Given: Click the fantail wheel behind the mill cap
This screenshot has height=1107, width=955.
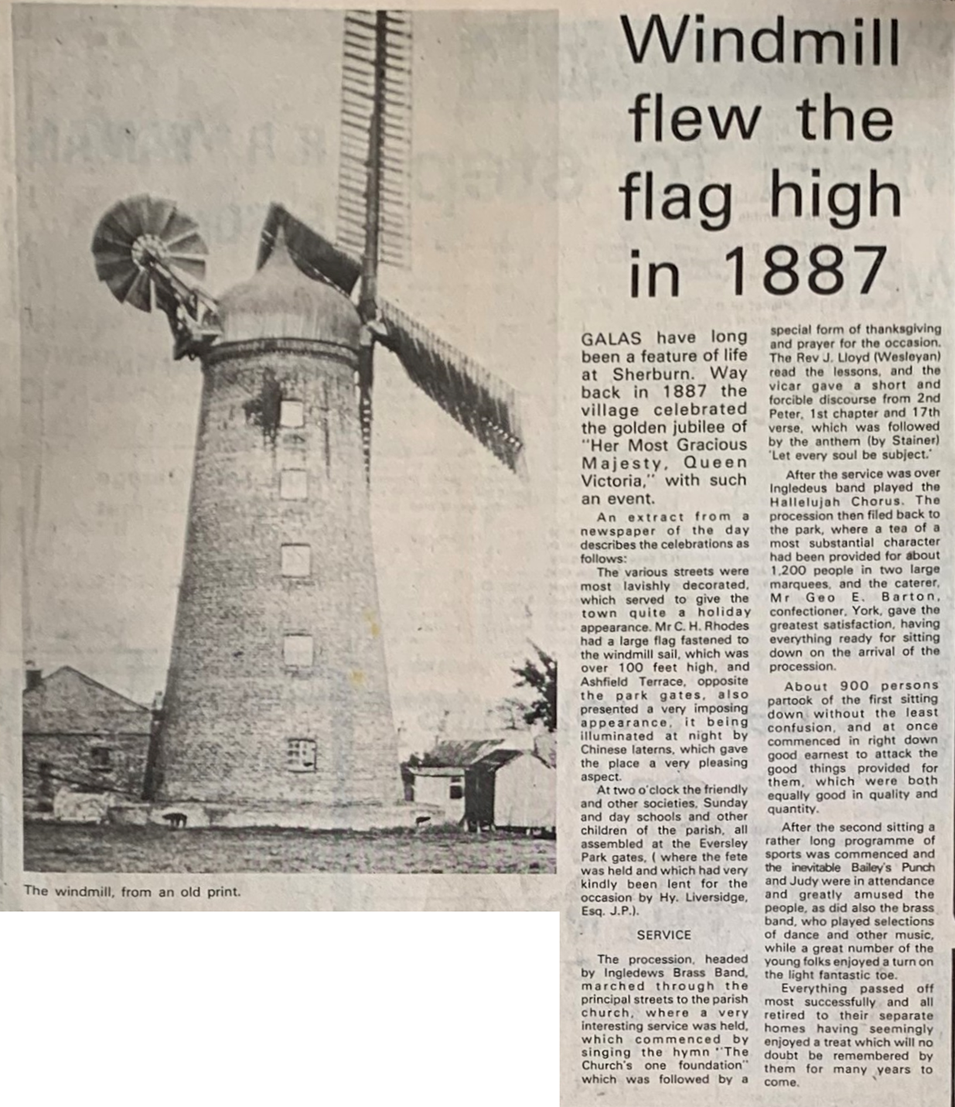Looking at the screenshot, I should click(x=149, y=252).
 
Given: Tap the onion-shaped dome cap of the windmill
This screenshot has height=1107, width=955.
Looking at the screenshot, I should click(x=288, y=298).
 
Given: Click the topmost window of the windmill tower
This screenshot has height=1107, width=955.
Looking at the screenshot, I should click(x=292, y=414).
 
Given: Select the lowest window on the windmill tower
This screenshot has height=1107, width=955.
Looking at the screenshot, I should click(x=301, y=754).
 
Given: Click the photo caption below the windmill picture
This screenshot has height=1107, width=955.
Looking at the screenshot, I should click(x=132, y=891).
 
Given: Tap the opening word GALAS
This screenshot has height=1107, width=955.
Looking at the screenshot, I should click(x=615, y=338).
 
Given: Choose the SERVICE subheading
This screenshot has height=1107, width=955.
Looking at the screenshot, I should click(x=663, y=934).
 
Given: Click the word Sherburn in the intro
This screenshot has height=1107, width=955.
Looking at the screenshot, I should click(x=656, y=374).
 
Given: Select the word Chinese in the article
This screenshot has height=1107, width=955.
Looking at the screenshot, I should click(x=606, y=749).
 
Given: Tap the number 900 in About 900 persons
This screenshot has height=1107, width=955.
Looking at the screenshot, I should click(x=855, y=685).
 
